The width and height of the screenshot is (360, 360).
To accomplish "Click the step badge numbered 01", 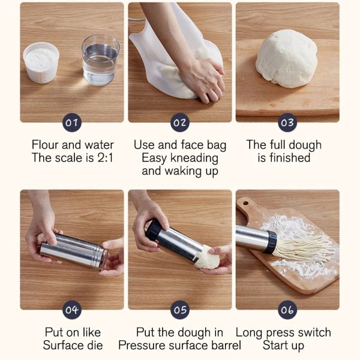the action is (72, 122).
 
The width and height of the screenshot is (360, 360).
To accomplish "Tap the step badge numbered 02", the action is (180, 122).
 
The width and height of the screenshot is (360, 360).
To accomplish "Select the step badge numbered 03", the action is (287, 122).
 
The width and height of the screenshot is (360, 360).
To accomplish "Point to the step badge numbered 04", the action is (72, 310).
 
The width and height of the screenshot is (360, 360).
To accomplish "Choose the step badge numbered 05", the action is (180, 310).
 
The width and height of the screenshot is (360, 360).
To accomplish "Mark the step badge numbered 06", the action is (287, 310).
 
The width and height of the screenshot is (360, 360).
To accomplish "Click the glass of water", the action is (101, 60).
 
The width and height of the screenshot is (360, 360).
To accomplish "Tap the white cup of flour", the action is (41, 62).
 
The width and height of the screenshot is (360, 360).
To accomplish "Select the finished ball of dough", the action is (287, 59).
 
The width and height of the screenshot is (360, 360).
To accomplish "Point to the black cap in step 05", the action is (154, 230).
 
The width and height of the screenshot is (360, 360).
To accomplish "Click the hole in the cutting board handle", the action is (245, 203).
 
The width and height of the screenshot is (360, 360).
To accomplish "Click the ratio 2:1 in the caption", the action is (106, 158).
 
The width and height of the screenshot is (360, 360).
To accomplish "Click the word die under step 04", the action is (95, 346).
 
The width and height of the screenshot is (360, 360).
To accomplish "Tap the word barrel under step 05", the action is (226, 346).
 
